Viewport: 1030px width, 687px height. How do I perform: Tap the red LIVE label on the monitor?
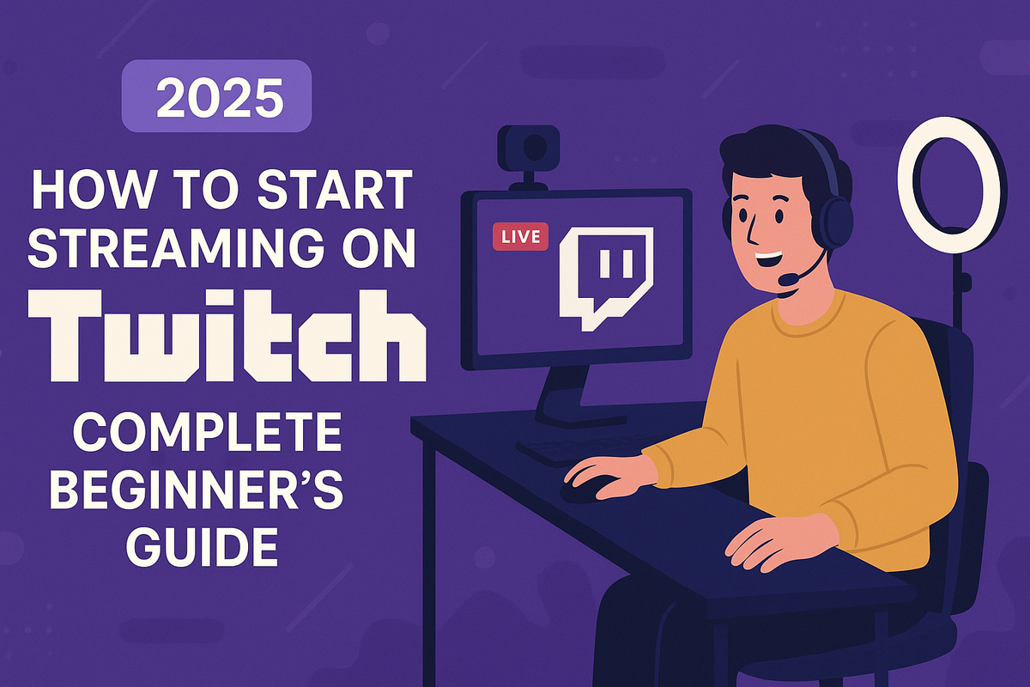point(521,237)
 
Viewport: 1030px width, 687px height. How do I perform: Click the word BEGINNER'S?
point(203,490)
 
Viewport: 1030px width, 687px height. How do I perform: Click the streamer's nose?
point(749,225)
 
